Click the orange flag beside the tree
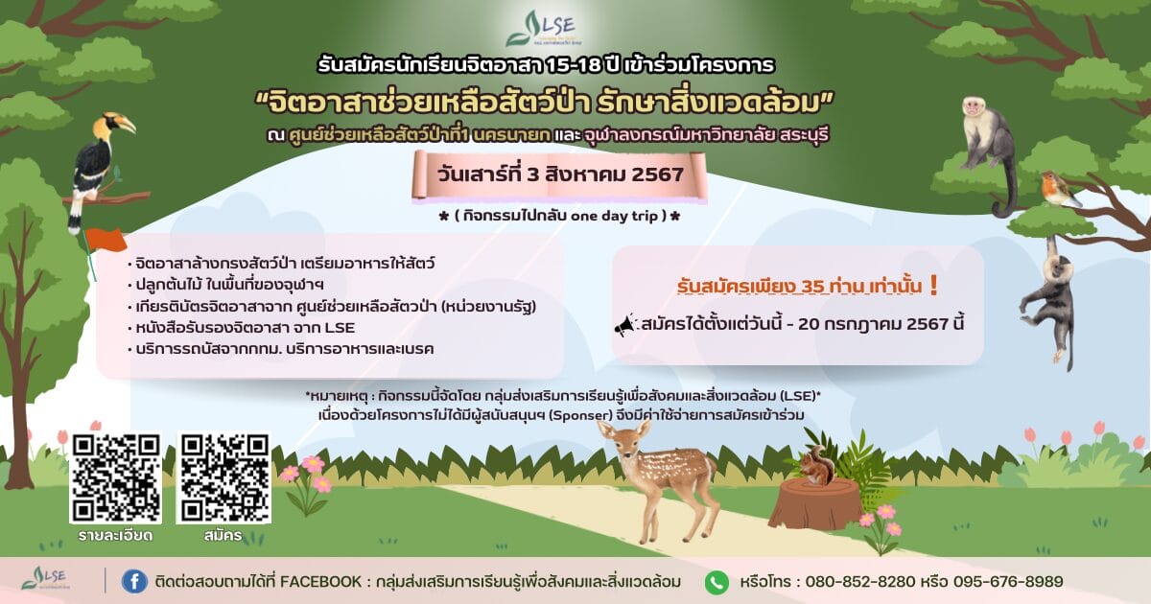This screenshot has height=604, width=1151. point(106,240)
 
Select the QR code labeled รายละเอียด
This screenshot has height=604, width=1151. point(116,477)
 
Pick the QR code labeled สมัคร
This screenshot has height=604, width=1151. point(224,477)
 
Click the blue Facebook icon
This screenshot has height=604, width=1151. point(134,582)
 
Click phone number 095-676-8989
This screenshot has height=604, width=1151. point(1008,582)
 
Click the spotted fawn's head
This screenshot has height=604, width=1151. point(625,443)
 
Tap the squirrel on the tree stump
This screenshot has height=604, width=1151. point(815,466)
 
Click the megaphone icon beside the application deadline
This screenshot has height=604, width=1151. point(625,325)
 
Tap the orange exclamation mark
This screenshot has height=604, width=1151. point(933,286)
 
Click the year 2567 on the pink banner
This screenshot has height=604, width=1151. point(657,174)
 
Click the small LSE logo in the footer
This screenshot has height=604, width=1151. point(45,578)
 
